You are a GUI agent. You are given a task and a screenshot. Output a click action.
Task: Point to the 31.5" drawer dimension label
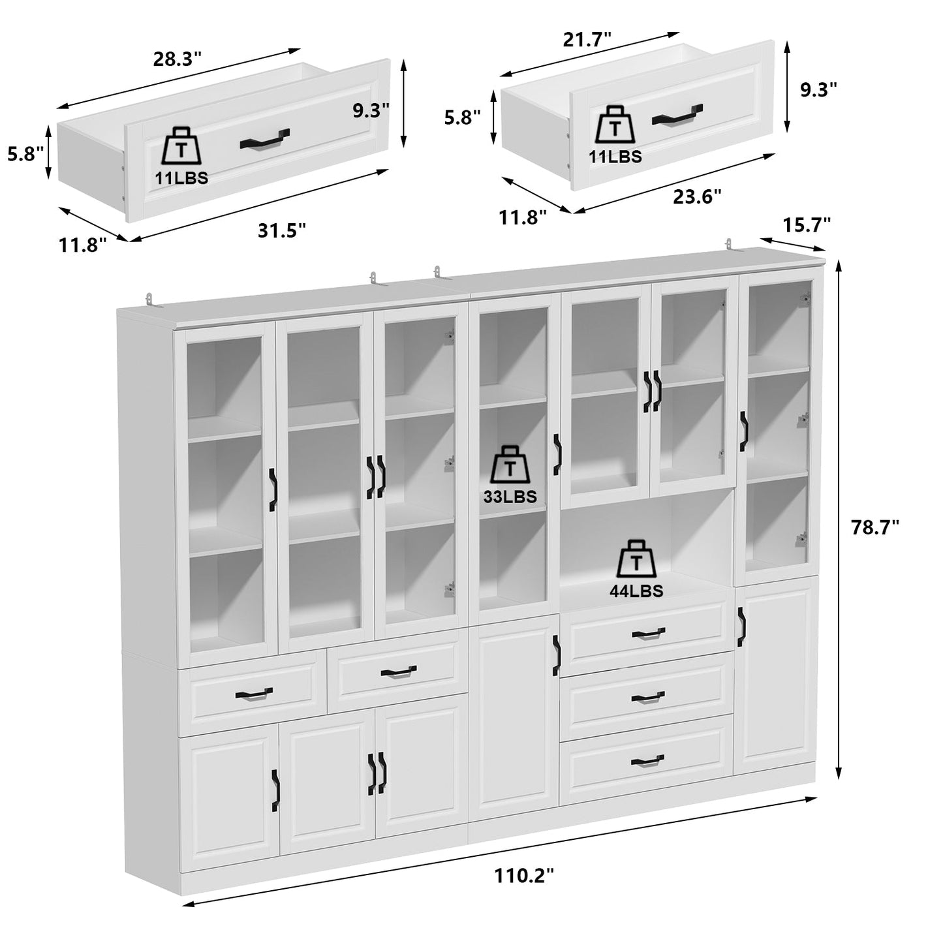tap(282, 230)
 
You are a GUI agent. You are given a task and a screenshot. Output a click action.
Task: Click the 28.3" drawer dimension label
tap(178, 59)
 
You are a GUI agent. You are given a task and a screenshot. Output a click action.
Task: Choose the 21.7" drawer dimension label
tap(587, 39)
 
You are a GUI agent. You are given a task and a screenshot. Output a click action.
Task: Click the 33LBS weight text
tap(510, 497)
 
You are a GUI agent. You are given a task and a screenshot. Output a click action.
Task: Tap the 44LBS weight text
tap(636, 591)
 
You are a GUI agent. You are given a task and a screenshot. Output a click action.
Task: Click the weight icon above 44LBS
tap(636, 559)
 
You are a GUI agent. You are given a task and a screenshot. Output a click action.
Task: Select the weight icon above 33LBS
tap(510, 466)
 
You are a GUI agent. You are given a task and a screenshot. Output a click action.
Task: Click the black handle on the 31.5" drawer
tap(263, 140)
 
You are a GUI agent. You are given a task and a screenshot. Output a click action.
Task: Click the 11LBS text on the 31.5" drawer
tap(181, 178)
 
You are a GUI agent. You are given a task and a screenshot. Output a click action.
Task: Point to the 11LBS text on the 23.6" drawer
tap(615, 157)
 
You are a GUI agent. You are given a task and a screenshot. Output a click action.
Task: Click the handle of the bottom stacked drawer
tap(647, 760)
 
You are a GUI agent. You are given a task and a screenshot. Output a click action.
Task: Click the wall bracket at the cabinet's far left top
tap(151, 299)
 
